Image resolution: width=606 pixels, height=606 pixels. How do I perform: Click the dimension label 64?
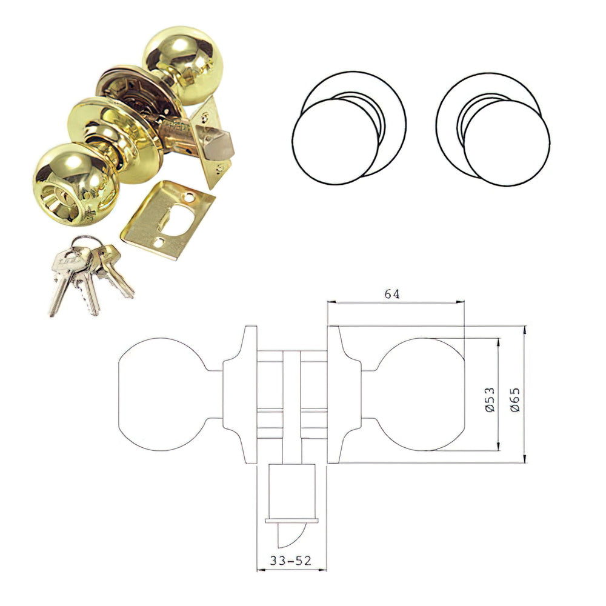pyautogui.click(x=391, y=294)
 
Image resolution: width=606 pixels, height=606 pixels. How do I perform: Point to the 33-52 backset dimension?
pyautogui.click(x=290, y=561)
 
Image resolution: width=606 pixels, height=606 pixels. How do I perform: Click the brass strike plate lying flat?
pyautogui.click(x=167, y=220)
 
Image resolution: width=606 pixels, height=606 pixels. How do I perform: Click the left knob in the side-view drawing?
pyautogui.click(x=162, y=395)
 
